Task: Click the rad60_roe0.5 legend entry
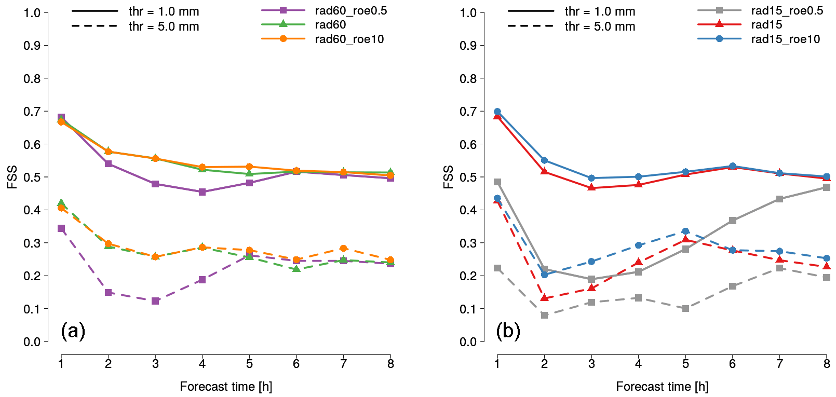[350, 11]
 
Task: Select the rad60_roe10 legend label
[349, 39]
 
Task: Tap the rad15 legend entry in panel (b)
[766, 25]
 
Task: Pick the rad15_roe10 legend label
[785, 39]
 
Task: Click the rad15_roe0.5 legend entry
[787, 11]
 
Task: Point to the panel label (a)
[73, 331]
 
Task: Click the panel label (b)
[508, 331]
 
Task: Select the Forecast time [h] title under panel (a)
[226, 387]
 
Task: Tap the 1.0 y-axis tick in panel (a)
[32, 13]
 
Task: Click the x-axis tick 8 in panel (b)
[827, 364]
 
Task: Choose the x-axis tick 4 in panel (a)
[202, 364]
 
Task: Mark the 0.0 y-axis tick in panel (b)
[468, 342]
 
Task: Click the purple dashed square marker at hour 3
[155, 301]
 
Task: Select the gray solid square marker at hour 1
[497, 182]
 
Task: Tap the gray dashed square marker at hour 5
[685, 309]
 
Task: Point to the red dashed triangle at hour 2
[544, 298]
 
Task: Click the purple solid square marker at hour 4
[202, 192]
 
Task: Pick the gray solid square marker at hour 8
[827, 187]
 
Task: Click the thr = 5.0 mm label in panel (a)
[164, 27]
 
